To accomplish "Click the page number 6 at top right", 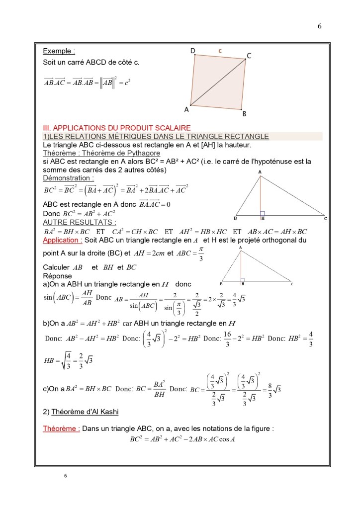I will [x=319, y=26].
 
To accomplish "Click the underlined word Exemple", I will [x=59, y=51].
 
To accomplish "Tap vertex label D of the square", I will [x=192, y=51].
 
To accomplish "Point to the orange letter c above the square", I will [x=220, y=51].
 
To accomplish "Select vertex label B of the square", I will [x=244, y=114].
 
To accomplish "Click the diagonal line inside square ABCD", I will [x=218, y=83].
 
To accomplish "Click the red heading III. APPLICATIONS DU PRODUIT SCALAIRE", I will [x=117, y=128].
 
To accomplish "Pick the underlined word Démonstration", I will [x=68, y=178].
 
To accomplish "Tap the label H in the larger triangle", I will [x=262, y=218].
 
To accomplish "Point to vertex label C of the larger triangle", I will [x=325, y=218].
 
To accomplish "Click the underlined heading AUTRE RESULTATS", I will [x=80, y=222].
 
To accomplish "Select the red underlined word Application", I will [x=62, y=240].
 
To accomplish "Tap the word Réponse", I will [x=57, y=276].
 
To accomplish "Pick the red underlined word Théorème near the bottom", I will [x=61, y=428].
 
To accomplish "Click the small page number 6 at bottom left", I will [x=65, y=476].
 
